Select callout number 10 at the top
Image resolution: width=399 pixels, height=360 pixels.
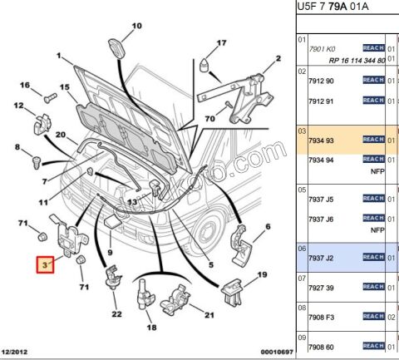tap(136, 26)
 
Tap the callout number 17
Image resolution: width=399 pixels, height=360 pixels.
tap(222, 42)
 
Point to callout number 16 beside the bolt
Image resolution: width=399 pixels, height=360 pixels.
tap(25, 85)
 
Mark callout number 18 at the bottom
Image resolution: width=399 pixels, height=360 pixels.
tap(150, 328)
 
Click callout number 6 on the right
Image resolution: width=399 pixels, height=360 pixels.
tap(267, 226)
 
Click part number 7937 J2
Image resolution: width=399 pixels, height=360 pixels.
tap(321, 257)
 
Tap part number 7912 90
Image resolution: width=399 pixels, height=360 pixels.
tap(321, 80)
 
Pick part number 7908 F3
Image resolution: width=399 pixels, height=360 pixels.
tap(321, 317)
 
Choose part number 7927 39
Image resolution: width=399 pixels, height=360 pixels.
tap(321, 287)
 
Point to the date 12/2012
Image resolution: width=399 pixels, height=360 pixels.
tap(17, 353)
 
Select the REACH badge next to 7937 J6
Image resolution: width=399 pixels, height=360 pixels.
tap(373, 219)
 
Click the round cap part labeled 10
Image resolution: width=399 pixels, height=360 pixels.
tap(117, 47)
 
